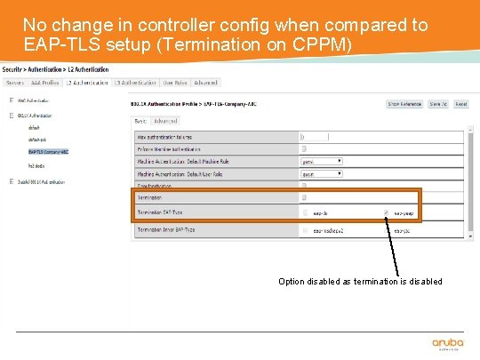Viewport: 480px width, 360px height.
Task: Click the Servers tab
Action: pos(14,83)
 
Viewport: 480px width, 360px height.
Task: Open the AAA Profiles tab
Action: pos(44,83)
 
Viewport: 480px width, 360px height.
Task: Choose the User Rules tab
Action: pos(174,83)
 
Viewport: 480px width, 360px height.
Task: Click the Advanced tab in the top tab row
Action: pos(205,83)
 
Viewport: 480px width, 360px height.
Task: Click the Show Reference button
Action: pos(404,104)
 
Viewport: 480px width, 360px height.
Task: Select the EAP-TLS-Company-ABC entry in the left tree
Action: pos(49,152)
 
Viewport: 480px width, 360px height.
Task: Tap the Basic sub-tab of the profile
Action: pos(140,121)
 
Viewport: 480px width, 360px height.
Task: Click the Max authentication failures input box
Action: pos(316,137)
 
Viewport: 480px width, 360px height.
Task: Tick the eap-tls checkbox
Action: pos(303,213)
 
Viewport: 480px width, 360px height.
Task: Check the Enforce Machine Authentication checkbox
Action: pos(303,149)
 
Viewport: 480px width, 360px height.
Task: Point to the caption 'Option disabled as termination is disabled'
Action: pos(360,282)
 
